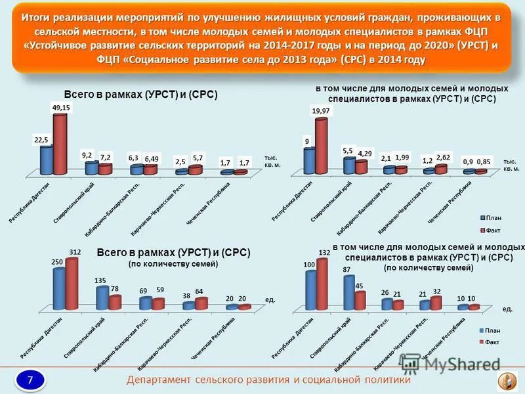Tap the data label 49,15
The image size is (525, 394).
(60, 107)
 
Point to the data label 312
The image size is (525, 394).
(74, 252)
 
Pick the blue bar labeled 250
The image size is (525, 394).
(59, 289)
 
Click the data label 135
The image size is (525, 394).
(100, 281)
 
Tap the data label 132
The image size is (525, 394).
(324, 253)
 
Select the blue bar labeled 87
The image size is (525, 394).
(348, 292)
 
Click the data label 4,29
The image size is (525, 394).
(365, 154)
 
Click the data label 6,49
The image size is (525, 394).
(152, 158)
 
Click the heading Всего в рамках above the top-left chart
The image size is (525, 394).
(140, 95)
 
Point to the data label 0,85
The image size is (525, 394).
(483, 162)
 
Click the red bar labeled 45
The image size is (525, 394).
(360, 300)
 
